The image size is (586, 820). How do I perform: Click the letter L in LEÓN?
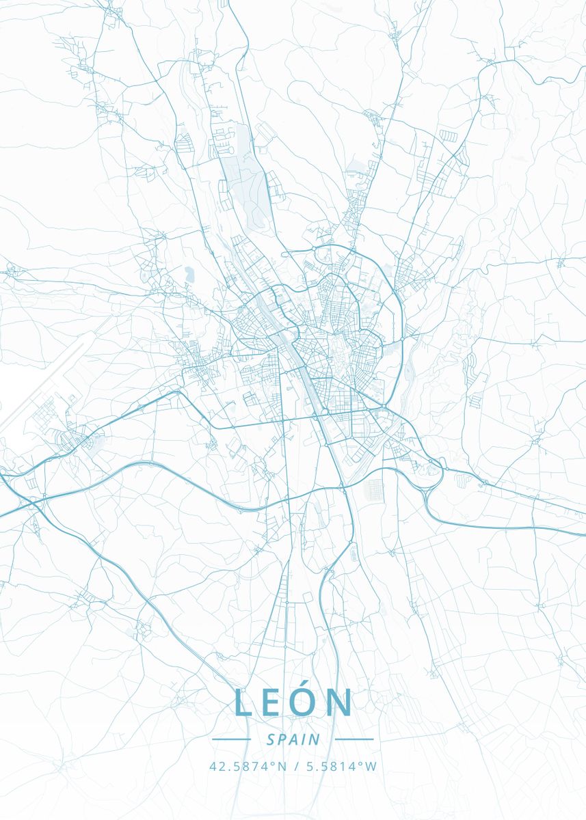(243, 702)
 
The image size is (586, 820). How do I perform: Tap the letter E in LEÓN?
(274, 702)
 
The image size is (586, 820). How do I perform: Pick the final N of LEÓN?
(340, 702)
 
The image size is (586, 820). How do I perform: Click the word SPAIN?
(293, 739)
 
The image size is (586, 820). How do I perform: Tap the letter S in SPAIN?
(271, 739)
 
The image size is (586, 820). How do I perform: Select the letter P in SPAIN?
(282, 739)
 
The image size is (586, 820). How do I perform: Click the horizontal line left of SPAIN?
(232, 739)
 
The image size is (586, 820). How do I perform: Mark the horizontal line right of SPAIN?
(354, 739)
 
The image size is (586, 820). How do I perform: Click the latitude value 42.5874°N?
(248, 767)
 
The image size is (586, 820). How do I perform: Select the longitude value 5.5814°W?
(338, 767)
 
